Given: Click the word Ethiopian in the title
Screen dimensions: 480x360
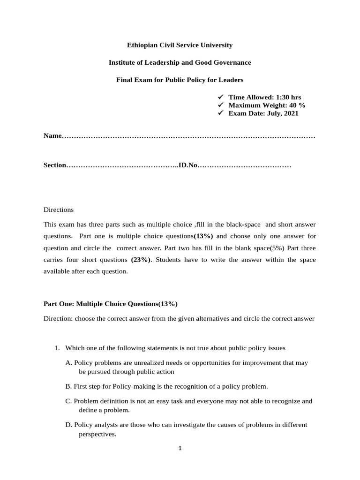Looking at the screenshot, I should [x=142, y=45].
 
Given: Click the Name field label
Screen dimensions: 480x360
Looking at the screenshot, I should [x=52, y=136].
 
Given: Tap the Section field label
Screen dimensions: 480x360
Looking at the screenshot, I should [x=55, y=165].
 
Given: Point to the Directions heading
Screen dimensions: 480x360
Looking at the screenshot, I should [x=59, y=210].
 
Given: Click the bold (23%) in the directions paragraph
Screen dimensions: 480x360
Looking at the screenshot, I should [x=141, y=260].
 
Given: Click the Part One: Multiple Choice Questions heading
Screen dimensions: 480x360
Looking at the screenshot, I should [x=111, y=304].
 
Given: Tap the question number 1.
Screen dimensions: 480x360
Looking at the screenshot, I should [x=56, y=348].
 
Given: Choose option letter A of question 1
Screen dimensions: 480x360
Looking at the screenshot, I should [x=69, y=363].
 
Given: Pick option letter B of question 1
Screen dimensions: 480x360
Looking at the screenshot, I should [x=69, y=386].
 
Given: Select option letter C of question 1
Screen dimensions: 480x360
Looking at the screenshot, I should [x=69, y=401].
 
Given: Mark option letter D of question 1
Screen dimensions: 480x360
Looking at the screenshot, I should [x=69, y=425].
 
